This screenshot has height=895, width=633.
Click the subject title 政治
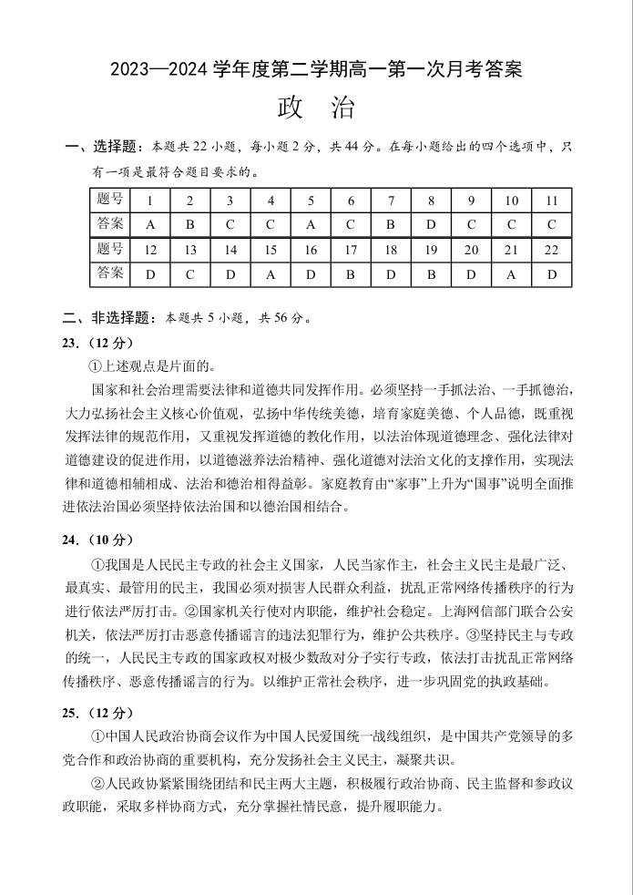pyautogui.click(x=316, y=108)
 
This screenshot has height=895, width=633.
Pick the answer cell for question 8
pyautogui.click(x=431, y=224)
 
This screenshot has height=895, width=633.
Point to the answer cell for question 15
pyautogui.click(x=271, y=274)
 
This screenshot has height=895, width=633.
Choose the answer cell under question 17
pyautogui.click(x=351, y=274)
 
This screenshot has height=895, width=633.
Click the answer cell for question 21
pyautogui.click(x=511, y=274)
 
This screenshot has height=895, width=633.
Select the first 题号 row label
pyautogui.click(x=110, y=201)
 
